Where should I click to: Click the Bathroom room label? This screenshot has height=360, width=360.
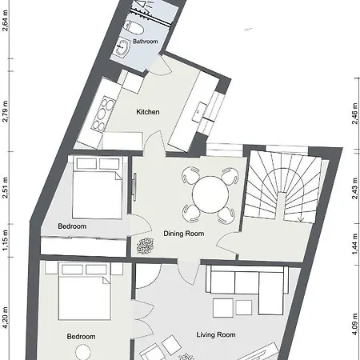point(146,41)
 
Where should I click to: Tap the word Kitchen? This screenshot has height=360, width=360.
point(149,112)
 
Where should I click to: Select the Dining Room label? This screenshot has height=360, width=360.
point(184,234)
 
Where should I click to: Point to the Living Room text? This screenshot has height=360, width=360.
point(216,335)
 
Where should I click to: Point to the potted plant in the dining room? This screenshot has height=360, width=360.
point(145,245)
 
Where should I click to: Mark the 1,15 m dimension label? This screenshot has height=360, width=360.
point(6,244)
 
